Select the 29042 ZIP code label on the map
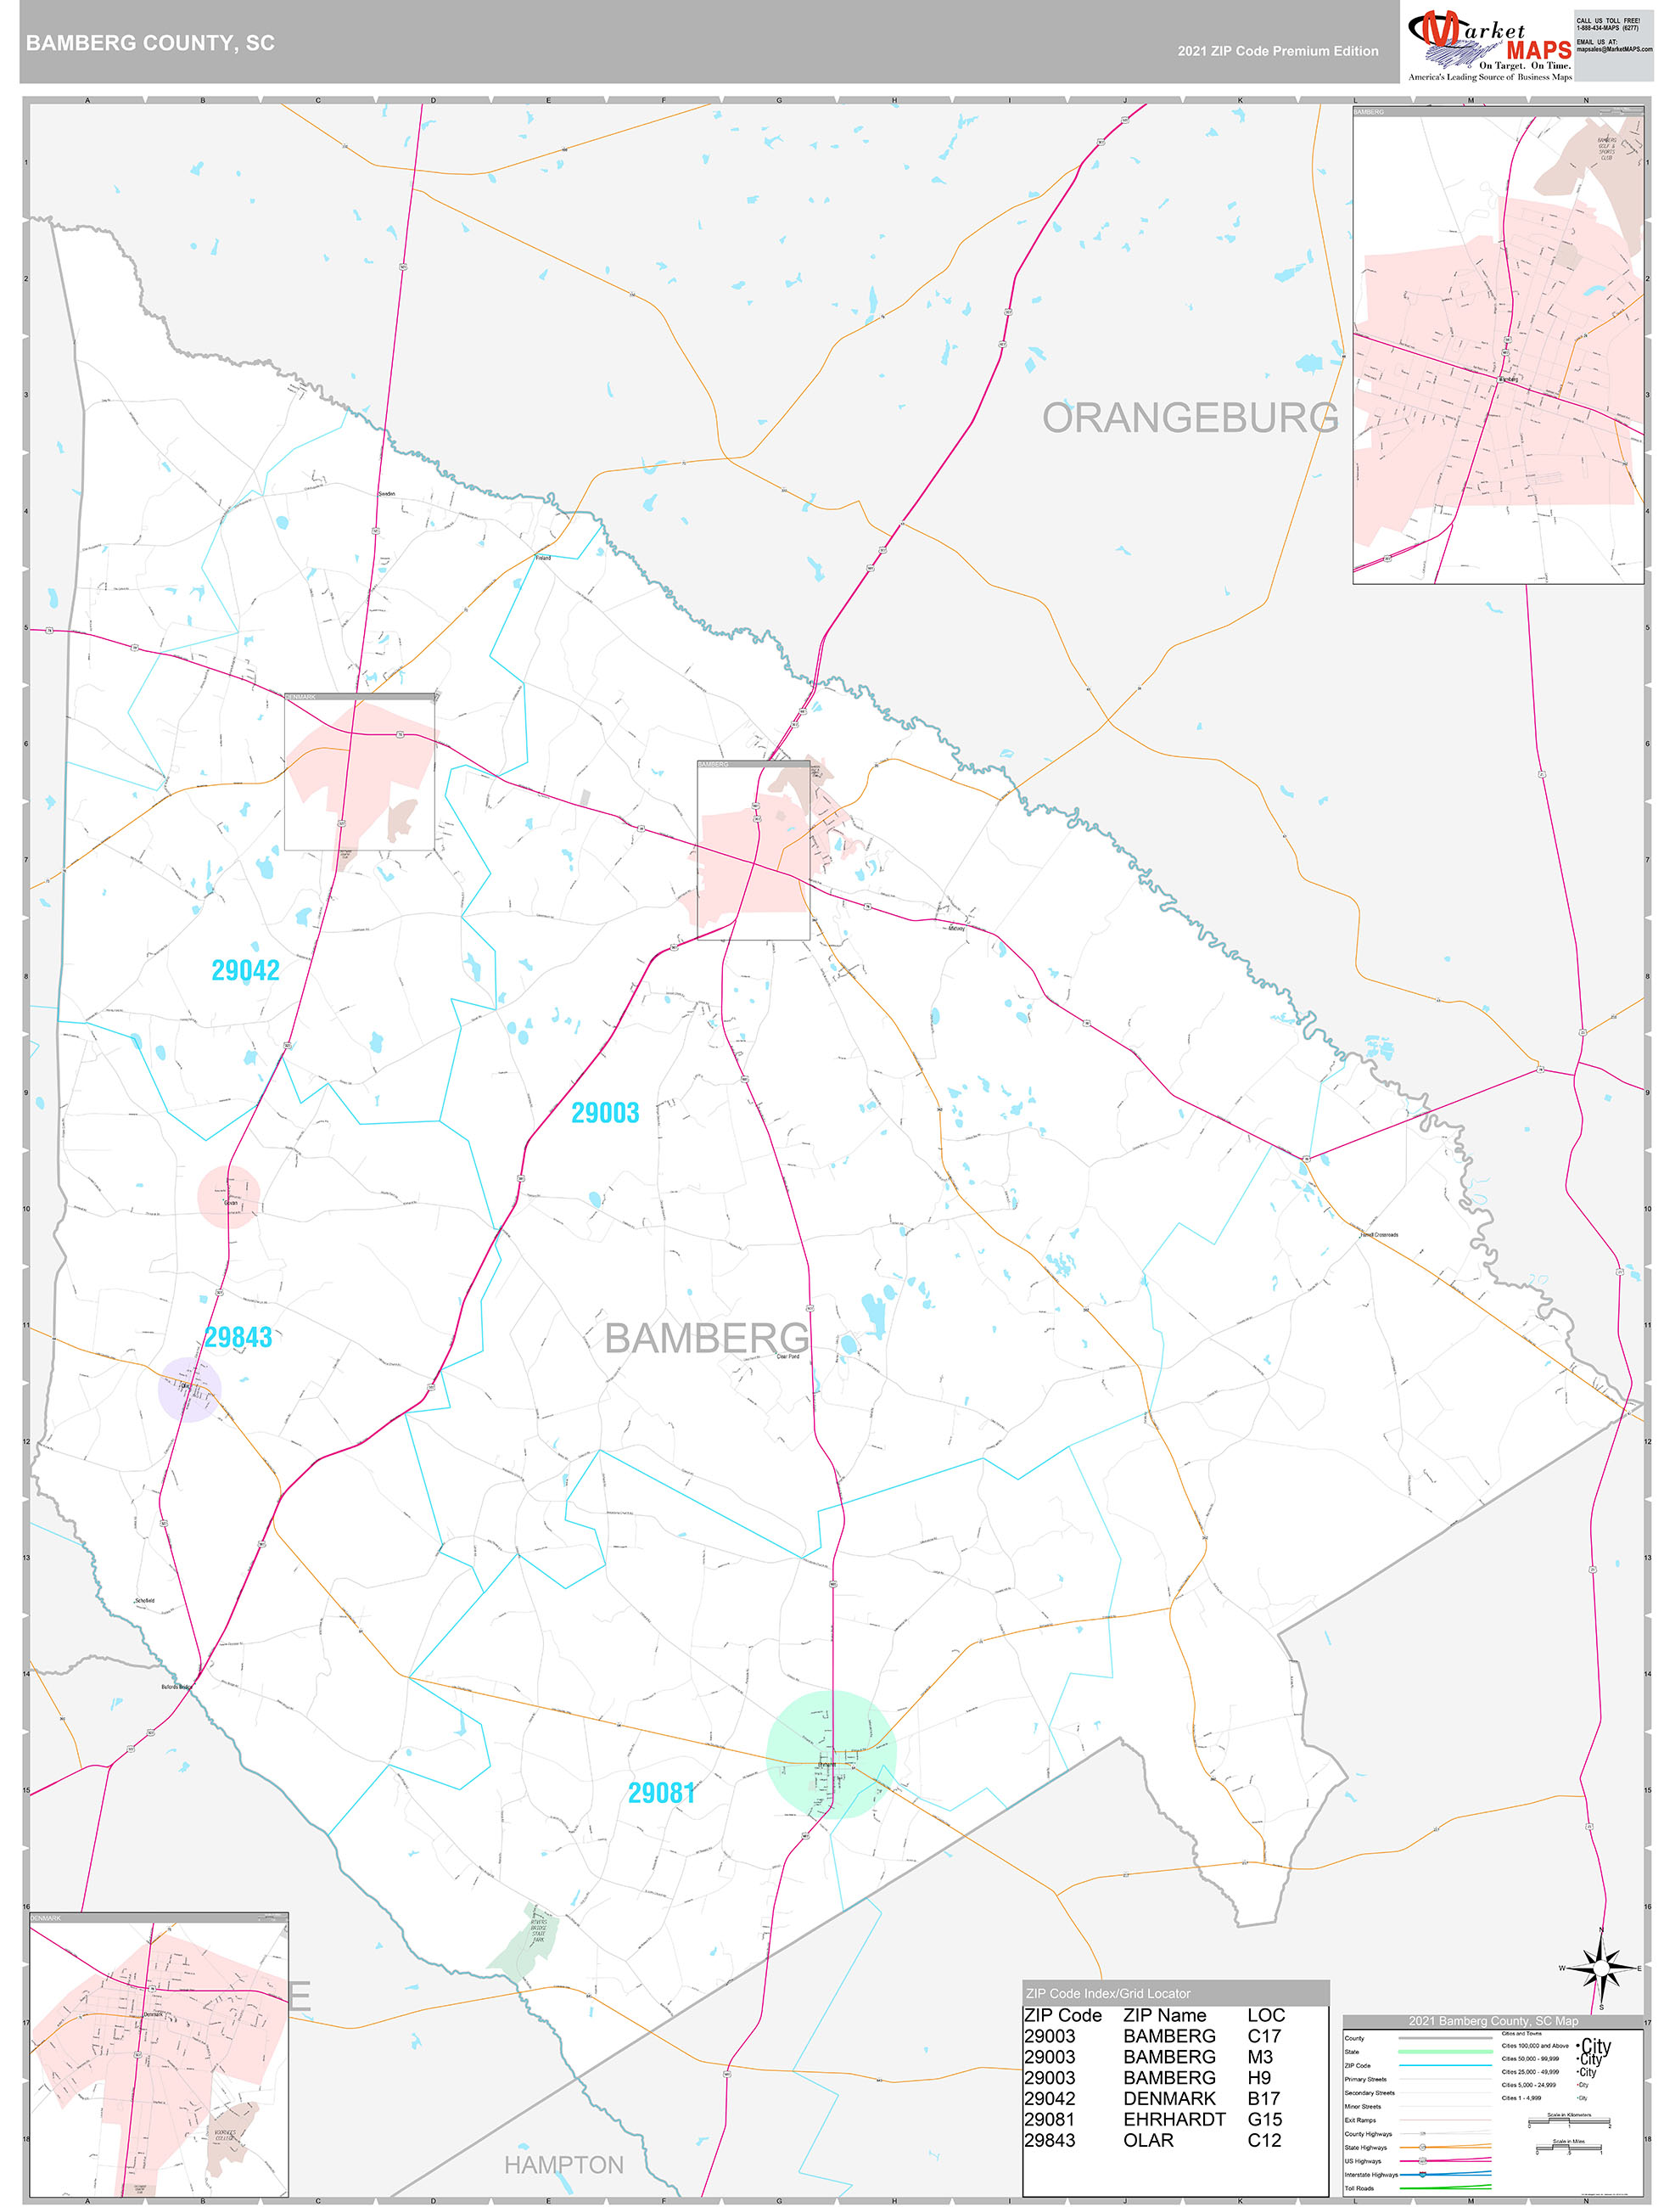(x=245, y=969)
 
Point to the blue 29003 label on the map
(x=604, y=1113)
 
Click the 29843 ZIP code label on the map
(x=238, y=1337)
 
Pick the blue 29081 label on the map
(x=661, y=1793)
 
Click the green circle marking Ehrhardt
(x=831, y=1754)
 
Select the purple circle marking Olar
(x=188, y=1388)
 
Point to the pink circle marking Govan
(x=228, y=1195)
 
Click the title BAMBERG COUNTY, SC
(x=149, y=43)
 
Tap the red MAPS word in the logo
(x=1538, y=51)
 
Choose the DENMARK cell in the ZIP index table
(x=1169, y=2098)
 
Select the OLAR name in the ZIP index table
(x=1148, y=2140)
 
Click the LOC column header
(x=1266, y=2015)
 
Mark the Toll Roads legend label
(x=1359, y=2188)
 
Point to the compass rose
(x=1601, y=1968)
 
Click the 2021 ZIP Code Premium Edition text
(x=1277, y=51)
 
